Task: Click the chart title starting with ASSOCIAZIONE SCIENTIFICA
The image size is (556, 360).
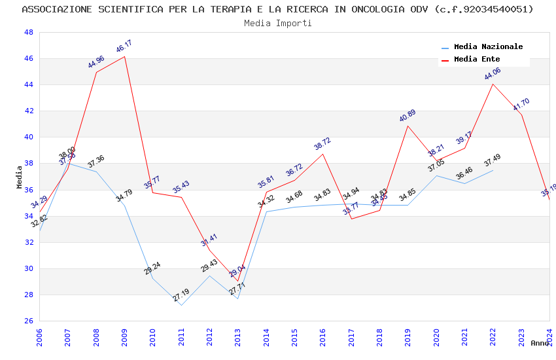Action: coord(277,9)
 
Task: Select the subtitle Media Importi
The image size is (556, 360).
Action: coord(277,23)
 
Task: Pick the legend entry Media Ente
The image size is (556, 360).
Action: coord(477,60)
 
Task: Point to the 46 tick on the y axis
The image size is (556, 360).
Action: coord(29,58)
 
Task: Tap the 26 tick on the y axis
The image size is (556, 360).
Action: coord(29,321)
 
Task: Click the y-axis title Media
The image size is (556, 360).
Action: coord(20,177)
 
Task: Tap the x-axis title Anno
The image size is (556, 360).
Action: coord(540,343)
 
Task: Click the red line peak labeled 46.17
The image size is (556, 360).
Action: coord(124,56)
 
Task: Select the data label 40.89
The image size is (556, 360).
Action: coord(408,116)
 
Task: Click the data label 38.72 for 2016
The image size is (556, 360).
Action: coord(322,144)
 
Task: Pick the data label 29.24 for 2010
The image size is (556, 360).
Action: coord(152,268)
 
